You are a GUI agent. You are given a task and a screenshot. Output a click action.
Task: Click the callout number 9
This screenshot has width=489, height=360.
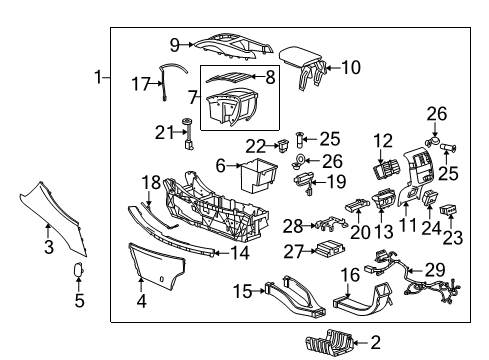pos(174,44)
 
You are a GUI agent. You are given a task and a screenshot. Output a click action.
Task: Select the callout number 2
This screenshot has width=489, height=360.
pos(375,342)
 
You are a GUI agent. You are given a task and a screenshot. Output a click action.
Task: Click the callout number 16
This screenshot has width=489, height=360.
pos(348,274)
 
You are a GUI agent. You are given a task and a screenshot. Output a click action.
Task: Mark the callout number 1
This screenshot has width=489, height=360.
pos(98,77)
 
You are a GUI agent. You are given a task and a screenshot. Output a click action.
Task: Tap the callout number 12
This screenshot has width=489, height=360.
pos(384,140)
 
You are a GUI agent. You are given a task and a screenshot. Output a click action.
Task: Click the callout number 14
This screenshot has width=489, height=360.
pos(240,253)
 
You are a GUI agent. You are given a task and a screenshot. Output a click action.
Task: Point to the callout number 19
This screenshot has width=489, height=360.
pos(336,182)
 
